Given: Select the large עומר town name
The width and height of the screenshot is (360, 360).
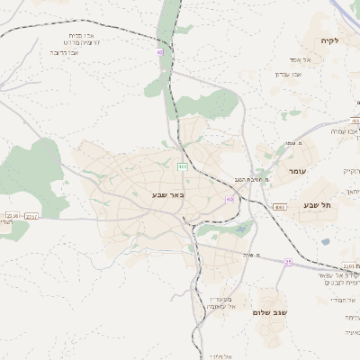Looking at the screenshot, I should (x=299, y=171).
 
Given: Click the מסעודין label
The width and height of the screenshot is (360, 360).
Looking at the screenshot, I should (x=220, y=298).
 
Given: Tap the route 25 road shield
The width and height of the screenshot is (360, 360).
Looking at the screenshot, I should (x=288, y=262).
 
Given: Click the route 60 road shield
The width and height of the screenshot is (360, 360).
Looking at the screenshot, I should (x=230, y=199).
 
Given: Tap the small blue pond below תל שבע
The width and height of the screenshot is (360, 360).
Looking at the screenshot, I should (x=325, y=241).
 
